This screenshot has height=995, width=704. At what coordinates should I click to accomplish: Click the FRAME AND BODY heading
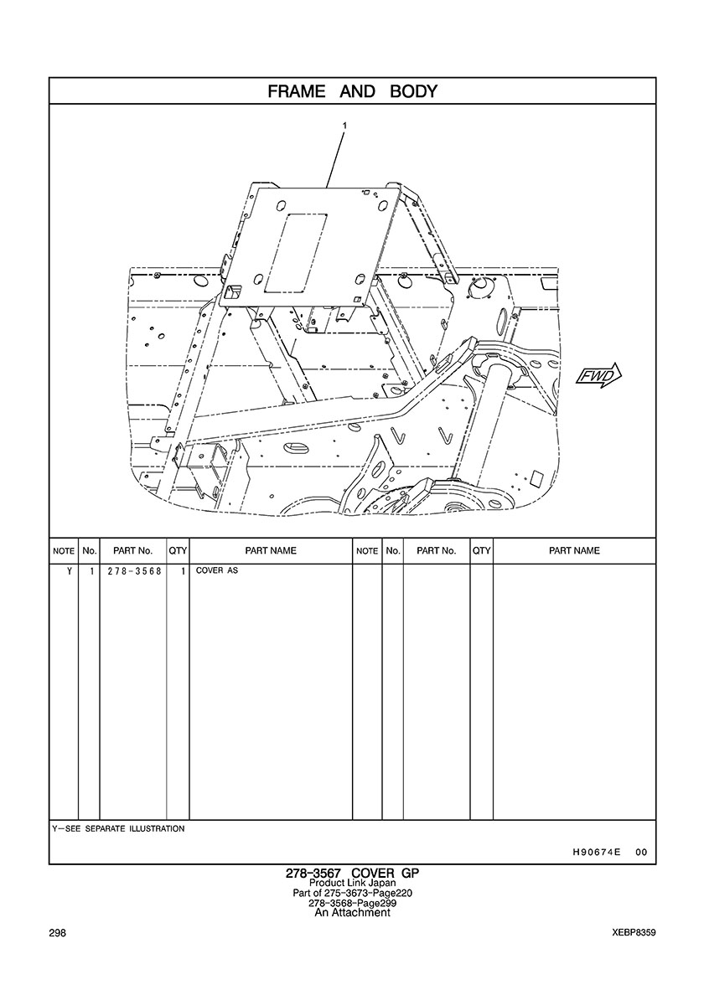click(x=352, y=91)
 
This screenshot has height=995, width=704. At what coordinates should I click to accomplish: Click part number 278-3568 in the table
click(x=134, y=571)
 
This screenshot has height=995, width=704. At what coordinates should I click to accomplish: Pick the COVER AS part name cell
click(x=217, y=571)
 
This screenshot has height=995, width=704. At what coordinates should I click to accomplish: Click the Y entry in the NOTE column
click(x=68, y=571)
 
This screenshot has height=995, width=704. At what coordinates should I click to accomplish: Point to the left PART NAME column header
click(x=271, y=551)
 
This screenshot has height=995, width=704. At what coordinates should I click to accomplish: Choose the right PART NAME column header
click(x=574, y=551)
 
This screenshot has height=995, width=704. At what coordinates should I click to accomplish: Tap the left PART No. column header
click(x=133, y=551)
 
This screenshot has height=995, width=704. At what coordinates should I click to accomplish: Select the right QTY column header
click(x=481, y=551)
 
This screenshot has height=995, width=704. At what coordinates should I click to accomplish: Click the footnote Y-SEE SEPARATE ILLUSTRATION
click(x=118, y=828)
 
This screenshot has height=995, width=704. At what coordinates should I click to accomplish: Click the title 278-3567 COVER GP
click(x=352, y=873)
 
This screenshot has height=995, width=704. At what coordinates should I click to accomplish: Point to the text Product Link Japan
click(x=352, y=884)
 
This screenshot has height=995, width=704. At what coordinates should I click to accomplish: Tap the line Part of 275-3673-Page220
click(x=352, y=894)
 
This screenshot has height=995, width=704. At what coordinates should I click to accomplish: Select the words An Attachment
click(x=352, y=913)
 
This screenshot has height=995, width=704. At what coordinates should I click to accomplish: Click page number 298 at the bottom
click(x=58, y=933)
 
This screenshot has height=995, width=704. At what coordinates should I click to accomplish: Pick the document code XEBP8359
click(x=634, y=933)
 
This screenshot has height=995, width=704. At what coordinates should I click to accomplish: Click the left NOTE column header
click(x=64, y=551)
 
